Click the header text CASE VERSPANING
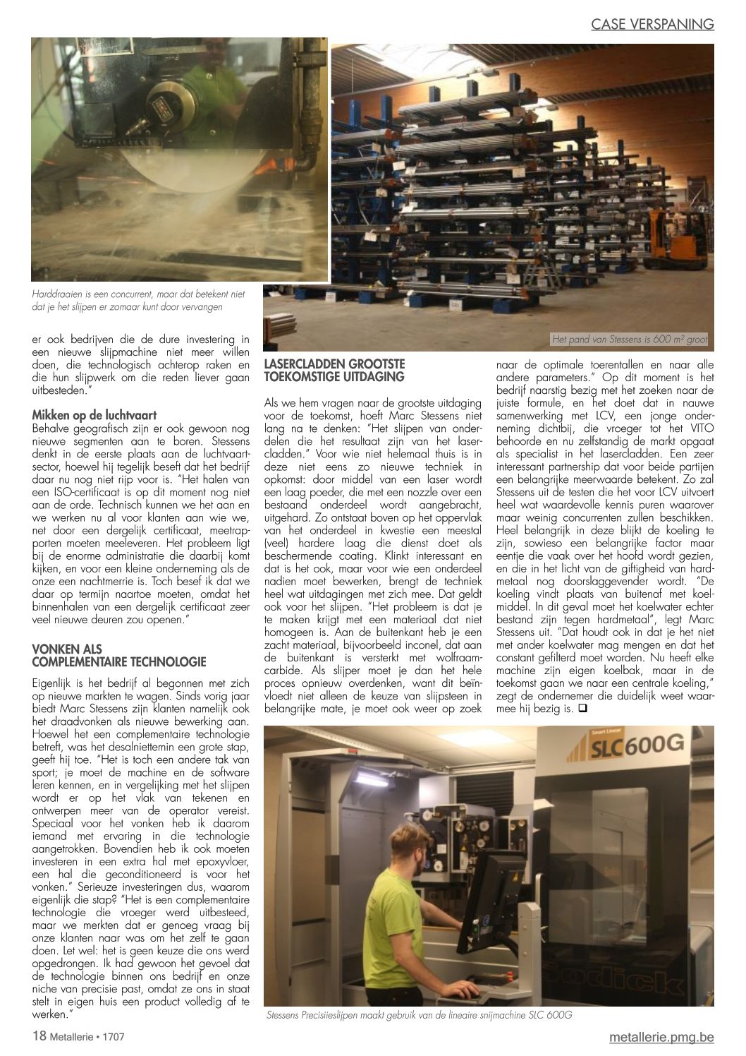click(x=653, y=24)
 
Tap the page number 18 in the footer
click(x=39, y=1036)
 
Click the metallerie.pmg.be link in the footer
click(x=661, y=1036)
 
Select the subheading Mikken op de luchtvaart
click(x=94, y=415)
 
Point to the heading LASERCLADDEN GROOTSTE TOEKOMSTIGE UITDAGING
click(x=334, y=370)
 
